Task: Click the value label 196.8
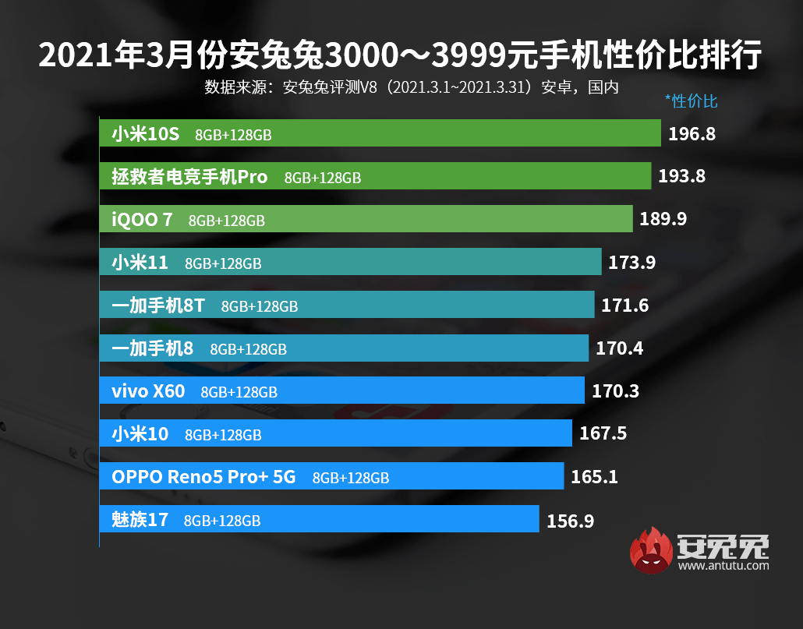click(692, 134)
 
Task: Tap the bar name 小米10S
click(145, 134)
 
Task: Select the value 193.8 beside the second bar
click(681, 176)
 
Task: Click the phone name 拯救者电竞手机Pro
click(189, 177)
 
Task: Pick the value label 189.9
click(663, 219)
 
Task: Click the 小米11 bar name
click(140, 263)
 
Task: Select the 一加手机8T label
click(157, 306)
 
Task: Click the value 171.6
click(624, 306)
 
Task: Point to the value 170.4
click(619, 348)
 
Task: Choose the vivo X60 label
click(148, 390)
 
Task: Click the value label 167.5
click(603, 433)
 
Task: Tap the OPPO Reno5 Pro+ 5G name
click(203, 476)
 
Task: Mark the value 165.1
click(594, 476)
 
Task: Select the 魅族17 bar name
click(140, 519)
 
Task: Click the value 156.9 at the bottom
click(570, 520)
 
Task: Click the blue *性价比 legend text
click(691, 101)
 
